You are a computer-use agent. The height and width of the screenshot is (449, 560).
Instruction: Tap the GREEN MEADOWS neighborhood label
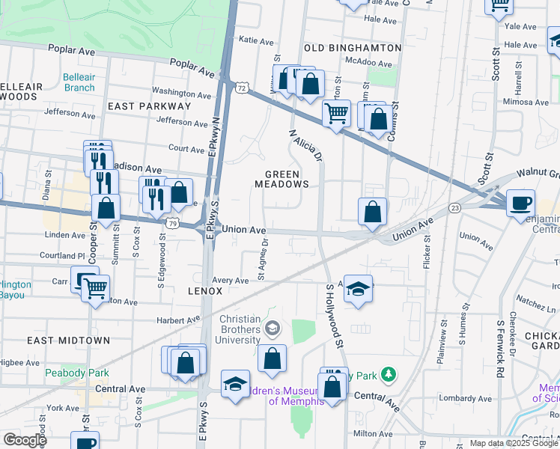coord(281,178)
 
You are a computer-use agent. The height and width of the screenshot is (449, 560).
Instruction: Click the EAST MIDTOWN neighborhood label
coord(69,340)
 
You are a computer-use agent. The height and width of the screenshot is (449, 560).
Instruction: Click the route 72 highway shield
coord(242,88)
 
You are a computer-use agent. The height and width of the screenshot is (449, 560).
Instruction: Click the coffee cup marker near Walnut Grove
coord(520,204)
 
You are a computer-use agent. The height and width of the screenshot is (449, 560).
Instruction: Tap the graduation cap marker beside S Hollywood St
coord(359,290)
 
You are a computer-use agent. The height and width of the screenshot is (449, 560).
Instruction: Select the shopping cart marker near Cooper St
coord(94,288)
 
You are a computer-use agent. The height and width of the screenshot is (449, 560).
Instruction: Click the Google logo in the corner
coord(24,440)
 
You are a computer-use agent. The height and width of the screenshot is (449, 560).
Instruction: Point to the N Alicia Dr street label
coord(306,144)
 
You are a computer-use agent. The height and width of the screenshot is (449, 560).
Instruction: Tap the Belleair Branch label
coord(79,82)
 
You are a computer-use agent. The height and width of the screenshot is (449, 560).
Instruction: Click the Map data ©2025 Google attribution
coord(514,443)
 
